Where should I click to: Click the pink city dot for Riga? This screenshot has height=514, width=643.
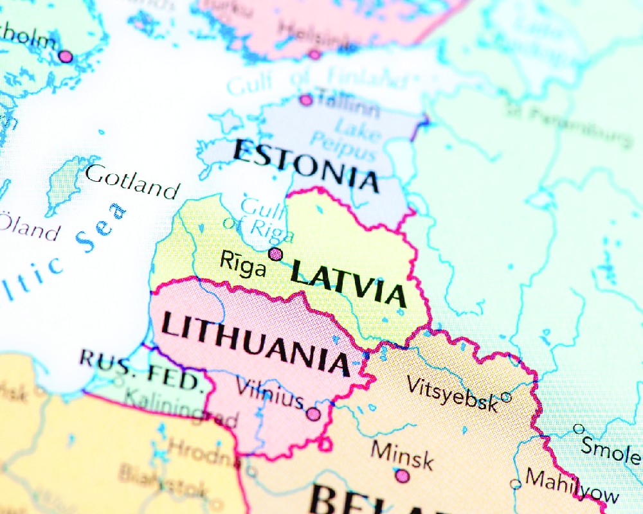[x=276, y=254]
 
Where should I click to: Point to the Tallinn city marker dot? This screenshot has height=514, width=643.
[x=306, y=100]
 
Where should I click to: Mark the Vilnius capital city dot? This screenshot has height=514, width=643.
[x=313, y=414]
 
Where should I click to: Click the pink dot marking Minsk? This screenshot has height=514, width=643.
[x=402, y=476]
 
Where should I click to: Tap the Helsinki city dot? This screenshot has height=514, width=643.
[x=314, y=55]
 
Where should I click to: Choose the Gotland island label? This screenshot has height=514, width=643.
[x=132, y=181]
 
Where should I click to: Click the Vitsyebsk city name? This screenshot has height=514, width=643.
[x=452, y=393]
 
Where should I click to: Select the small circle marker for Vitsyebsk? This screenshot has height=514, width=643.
[x=506, y=397]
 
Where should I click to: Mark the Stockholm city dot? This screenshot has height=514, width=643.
[x=66, y=57]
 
